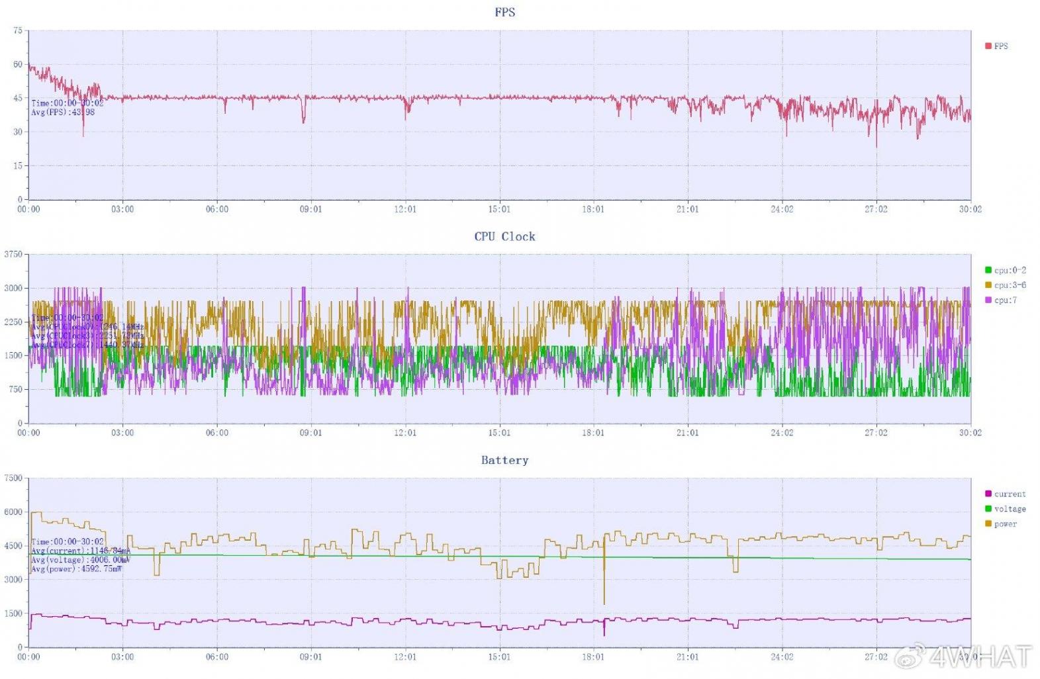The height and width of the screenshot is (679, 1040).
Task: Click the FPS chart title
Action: pos(504,12)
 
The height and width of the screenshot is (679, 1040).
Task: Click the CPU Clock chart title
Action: pos(504,236)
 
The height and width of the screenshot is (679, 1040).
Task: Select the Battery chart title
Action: pos(504,460)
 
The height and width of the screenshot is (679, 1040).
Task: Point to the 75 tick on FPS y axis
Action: pos(18,30)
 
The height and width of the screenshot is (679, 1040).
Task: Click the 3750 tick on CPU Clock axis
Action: pos(14,254)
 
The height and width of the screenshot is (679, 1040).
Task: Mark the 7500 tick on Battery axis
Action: pos(14,478)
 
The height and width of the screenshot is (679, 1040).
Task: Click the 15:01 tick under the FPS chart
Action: pos(499,209)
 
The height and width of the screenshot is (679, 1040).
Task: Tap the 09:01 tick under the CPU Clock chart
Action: pos(310,433)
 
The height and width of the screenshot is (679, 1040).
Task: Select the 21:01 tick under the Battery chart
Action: pos(687,657)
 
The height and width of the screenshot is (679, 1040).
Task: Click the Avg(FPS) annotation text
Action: pos(63,113)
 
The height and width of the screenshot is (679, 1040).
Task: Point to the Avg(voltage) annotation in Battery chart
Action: pos(81,560)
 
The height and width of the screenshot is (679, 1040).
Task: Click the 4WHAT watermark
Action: pos(980,656)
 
